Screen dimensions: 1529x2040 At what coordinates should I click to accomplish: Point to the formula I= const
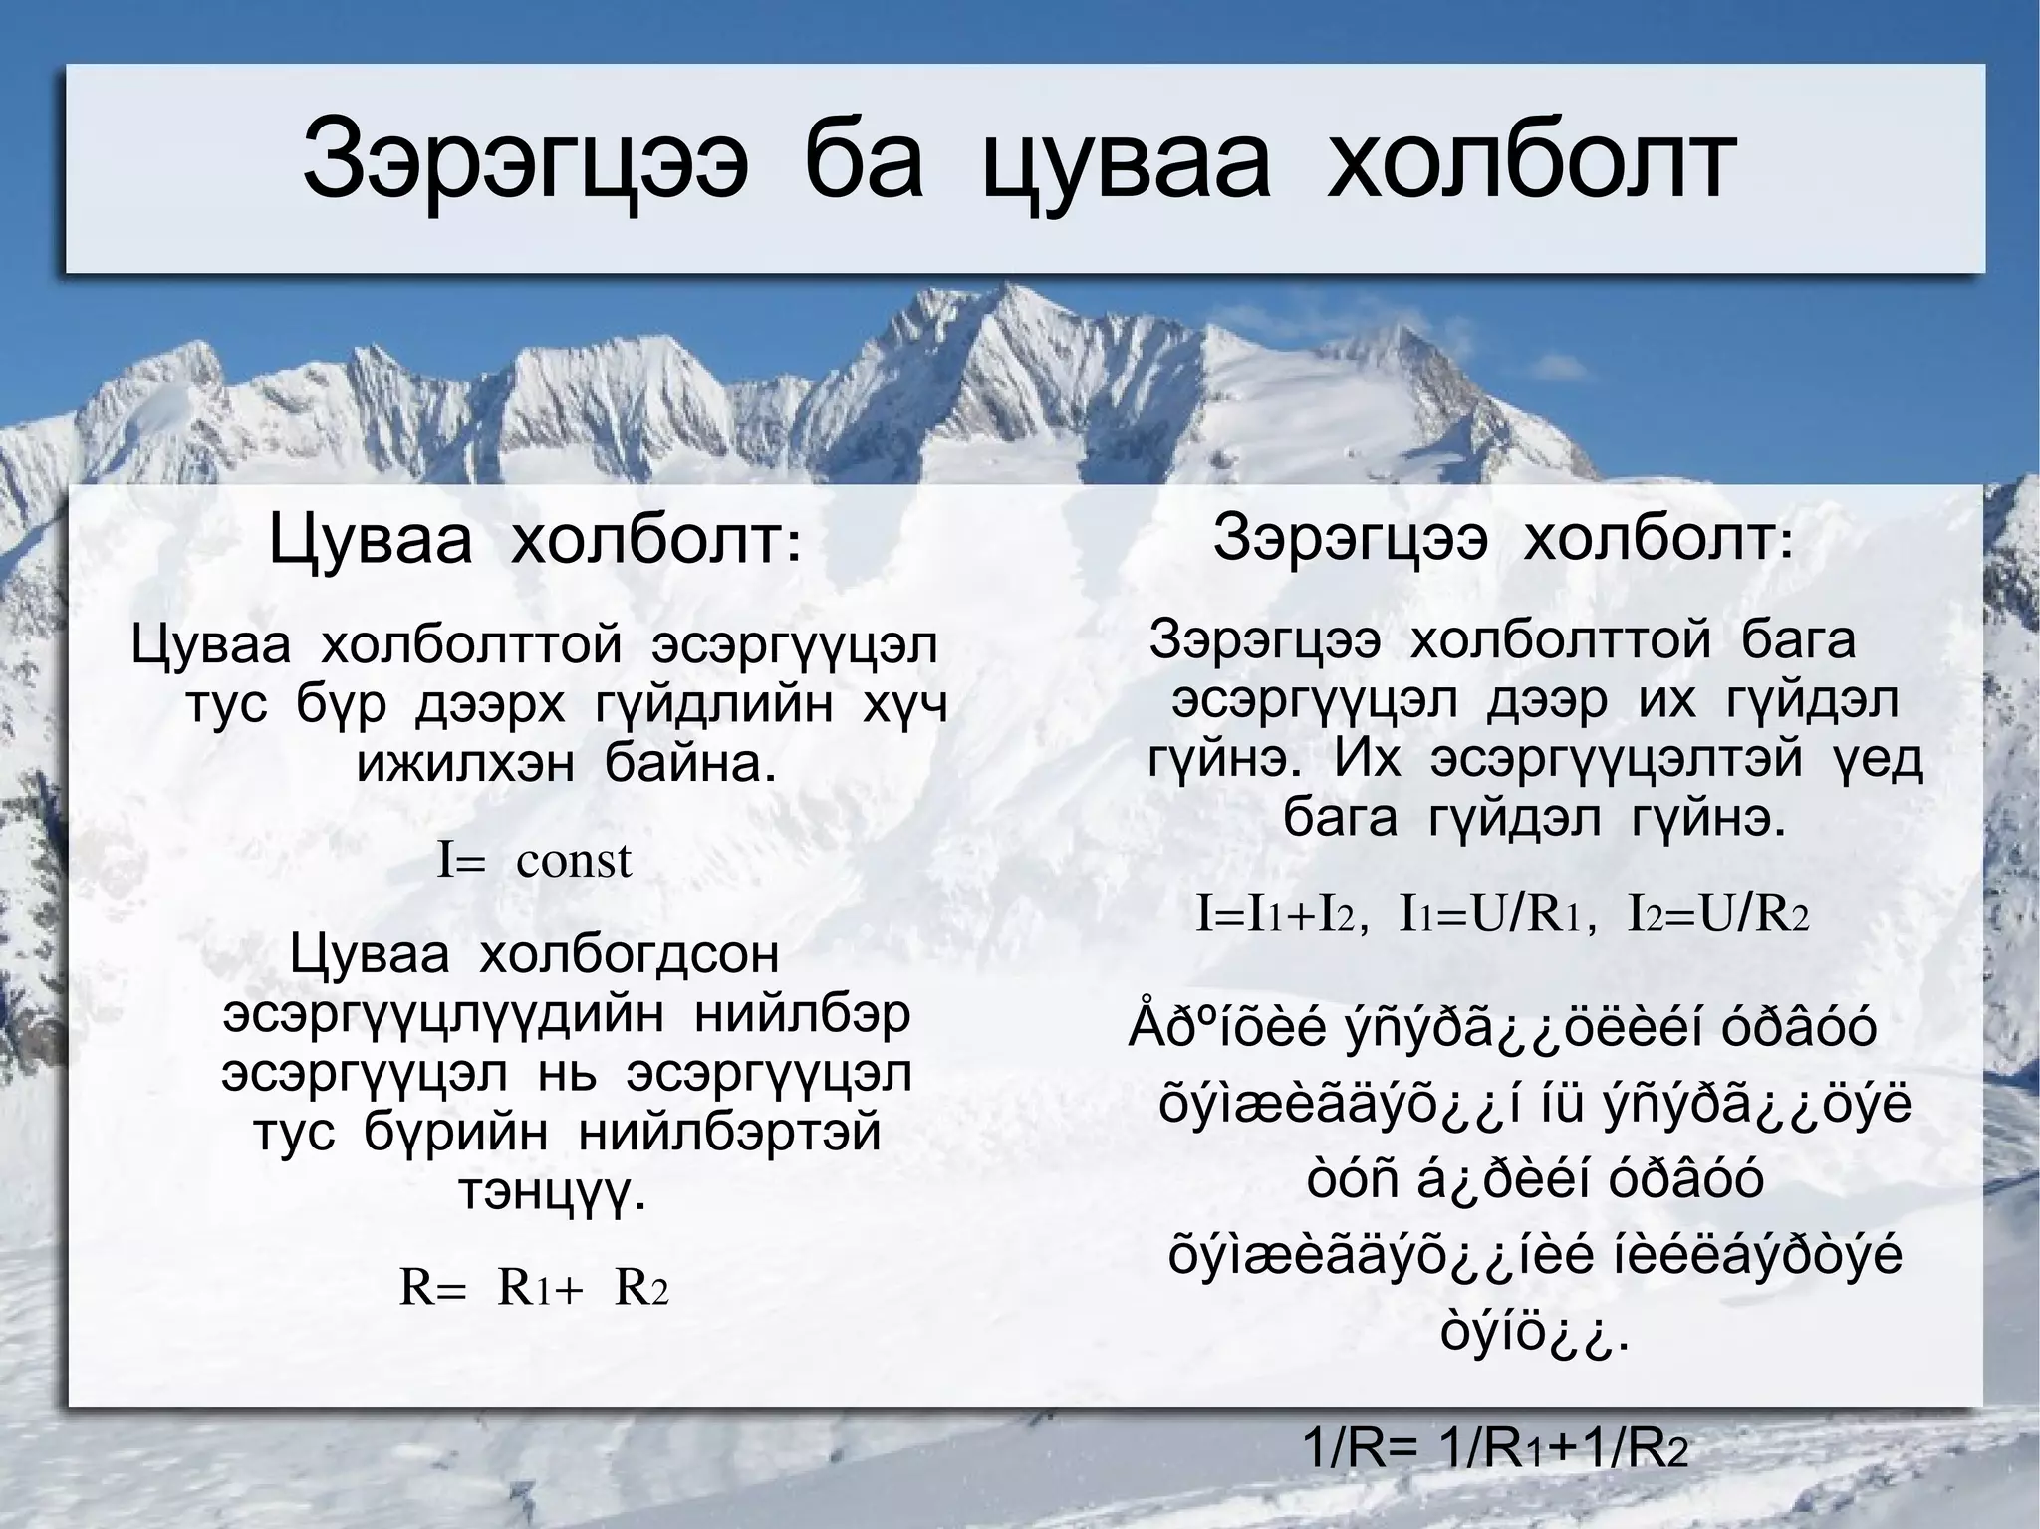click(535, 860)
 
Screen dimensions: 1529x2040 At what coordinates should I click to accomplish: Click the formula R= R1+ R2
click(534, 1288)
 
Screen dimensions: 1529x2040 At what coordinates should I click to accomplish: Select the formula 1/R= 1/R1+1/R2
click(1496, 1477)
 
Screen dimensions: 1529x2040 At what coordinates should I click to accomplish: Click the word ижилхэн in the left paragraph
click(465, 764)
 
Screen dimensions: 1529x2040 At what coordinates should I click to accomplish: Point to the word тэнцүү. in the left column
click(552, 1190)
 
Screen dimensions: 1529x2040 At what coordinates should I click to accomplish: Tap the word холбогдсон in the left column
click(629, 955)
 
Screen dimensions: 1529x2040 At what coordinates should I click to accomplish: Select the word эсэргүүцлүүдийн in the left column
click(443, 1015)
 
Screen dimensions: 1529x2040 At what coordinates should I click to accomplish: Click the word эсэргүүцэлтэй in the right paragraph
click(1617, 760)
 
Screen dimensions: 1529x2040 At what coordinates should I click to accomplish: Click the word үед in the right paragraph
click(1878, 760)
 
